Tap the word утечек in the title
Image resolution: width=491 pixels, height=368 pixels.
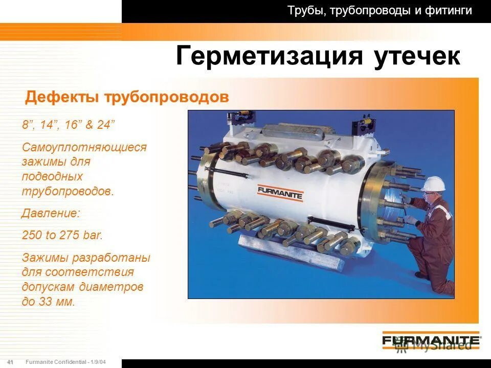417,56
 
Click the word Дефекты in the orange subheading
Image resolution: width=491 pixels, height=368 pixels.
62,97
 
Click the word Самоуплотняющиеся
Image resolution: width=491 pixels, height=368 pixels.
84,147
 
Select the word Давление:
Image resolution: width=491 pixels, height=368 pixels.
51,213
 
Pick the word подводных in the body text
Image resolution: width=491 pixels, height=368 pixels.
52,176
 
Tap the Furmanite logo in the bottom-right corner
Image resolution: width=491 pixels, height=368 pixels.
430,340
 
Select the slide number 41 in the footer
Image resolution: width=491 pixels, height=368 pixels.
10,362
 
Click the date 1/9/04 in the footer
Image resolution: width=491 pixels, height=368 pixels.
99,362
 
